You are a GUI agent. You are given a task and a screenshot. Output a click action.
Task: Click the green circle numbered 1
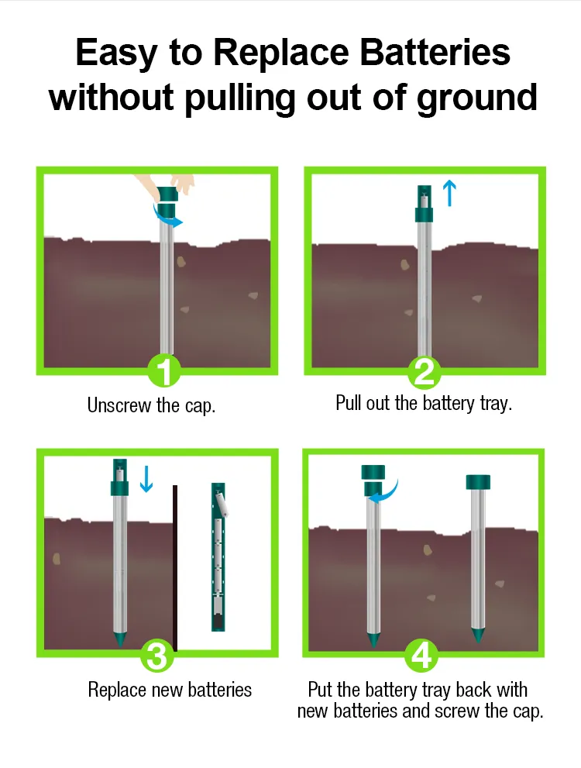164,372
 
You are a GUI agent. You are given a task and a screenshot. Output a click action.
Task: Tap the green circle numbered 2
425,372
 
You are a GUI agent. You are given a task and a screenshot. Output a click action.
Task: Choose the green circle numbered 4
421,656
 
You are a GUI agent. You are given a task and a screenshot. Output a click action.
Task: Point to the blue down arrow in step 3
146,480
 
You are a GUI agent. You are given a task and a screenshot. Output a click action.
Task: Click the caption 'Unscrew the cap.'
151,405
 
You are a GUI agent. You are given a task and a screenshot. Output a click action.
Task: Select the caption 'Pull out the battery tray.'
424,403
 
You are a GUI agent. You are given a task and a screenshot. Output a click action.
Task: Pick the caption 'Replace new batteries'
170,689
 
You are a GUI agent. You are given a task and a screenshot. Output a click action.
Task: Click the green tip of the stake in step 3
119,640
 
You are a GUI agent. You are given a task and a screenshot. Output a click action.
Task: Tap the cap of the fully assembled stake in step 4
478,481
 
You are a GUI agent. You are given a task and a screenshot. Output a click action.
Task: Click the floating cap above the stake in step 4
373,472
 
